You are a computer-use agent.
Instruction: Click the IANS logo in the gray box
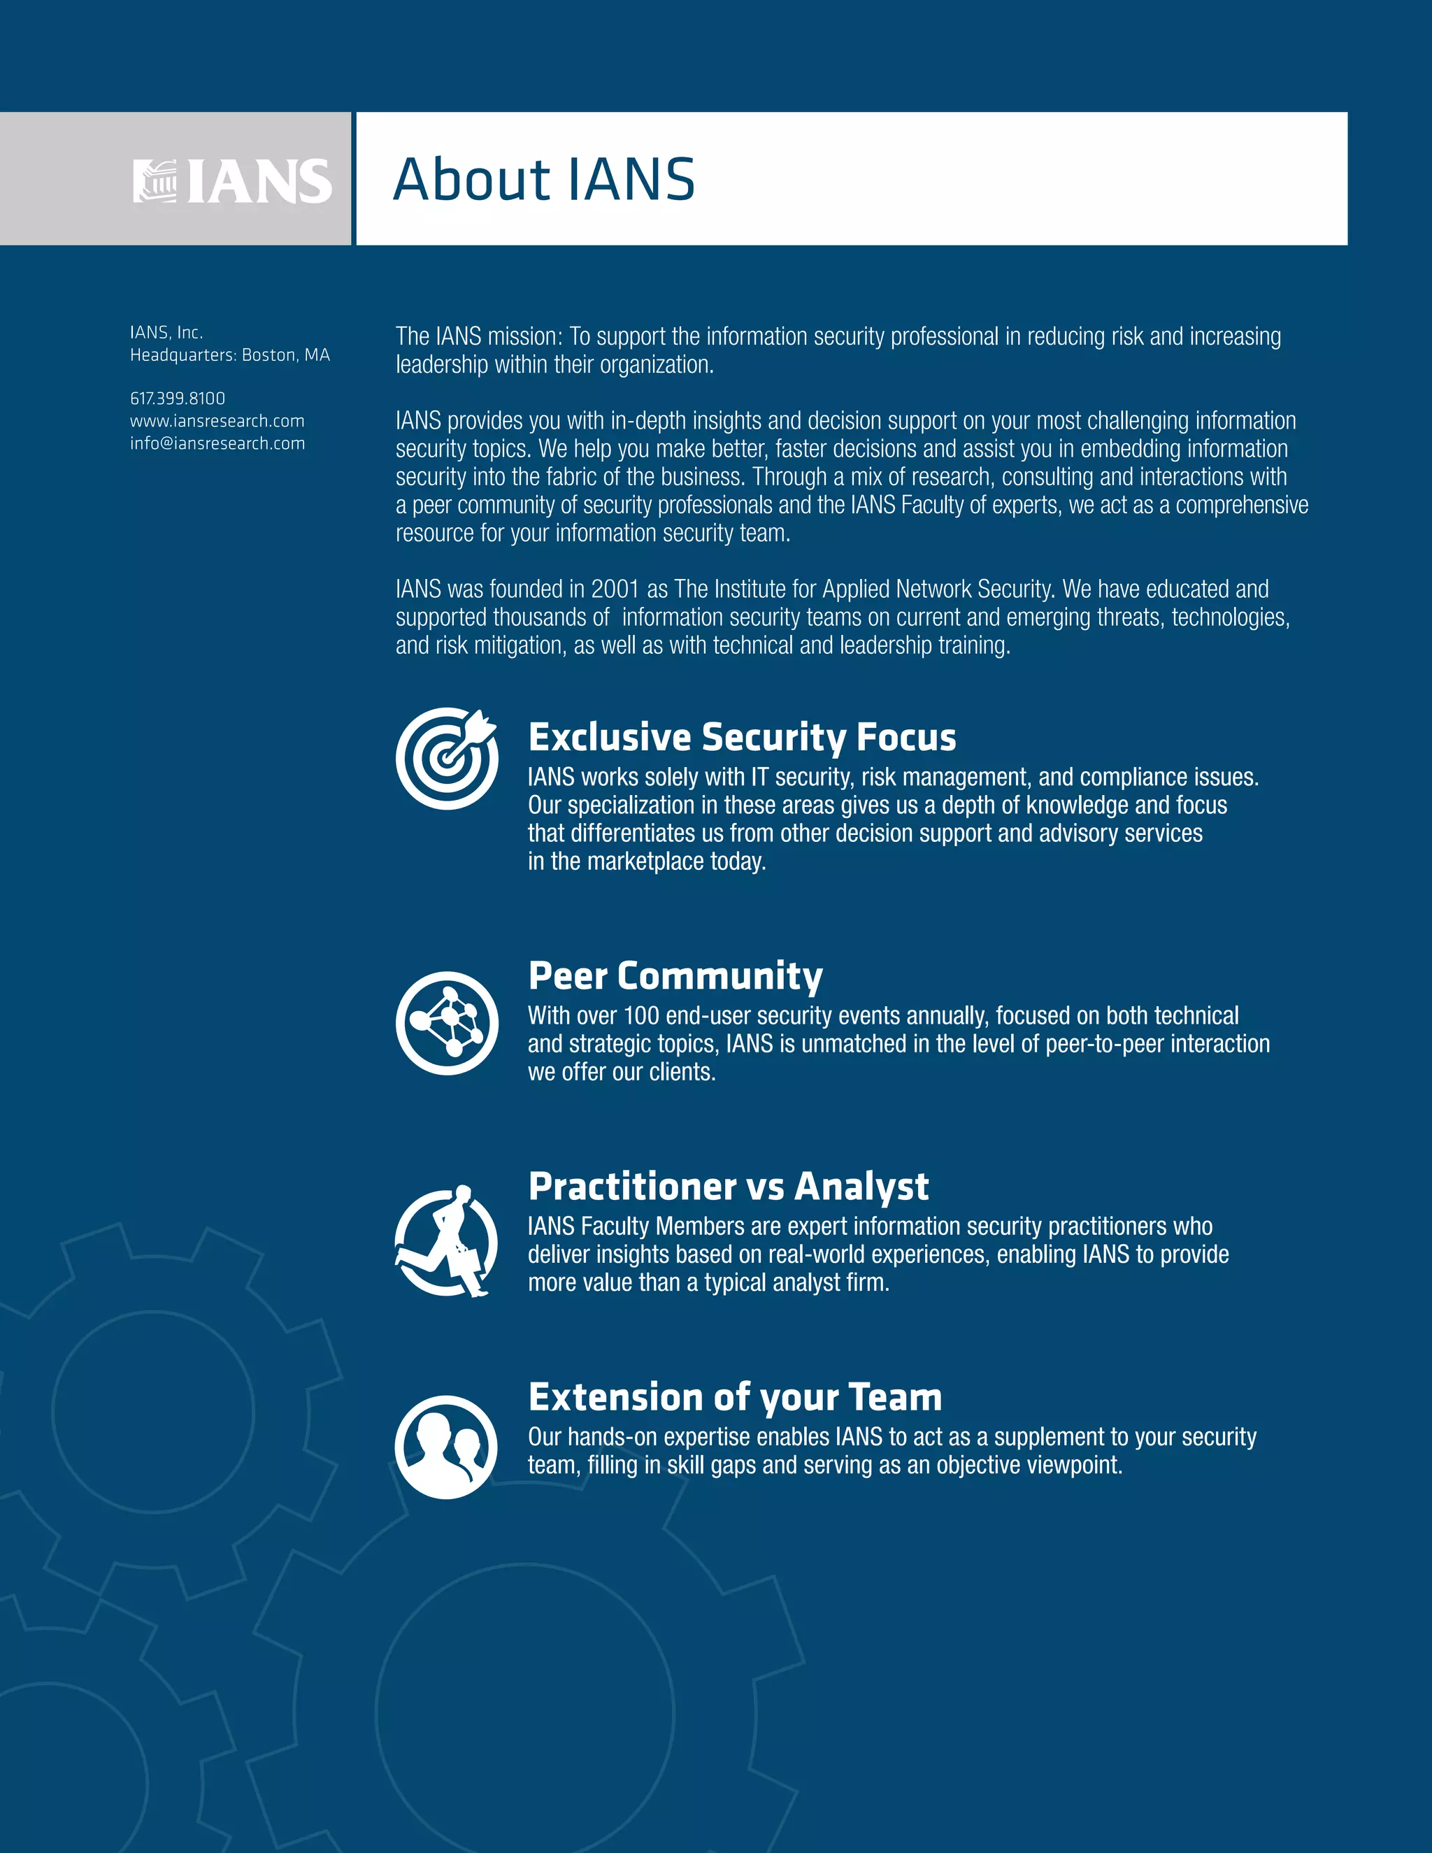[232, 180]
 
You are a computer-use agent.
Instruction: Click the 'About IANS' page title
[544, 180]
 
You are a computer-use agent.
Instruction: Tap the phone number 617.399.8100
[178, 398]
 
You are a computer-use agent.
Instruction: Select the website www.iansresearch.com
[217, 421]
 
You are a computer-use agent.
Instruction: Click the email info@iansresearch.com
[217, 443]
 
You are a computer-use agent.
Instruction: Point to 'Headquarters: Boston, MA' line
[230, 355]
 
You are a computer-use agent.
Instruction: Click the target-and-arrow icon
[447, 758]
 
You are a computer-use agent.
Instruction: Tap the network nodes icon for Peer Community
[447, 1022]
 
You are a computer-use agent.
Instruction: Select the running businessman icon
[447, 1241]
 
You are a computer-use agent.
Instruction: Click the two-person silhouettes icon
[446, 1447]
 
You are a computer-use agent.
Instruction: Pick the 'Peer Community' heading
[675, 975]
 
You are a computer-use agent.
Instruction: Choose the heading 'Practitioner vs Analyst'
[729, 1186]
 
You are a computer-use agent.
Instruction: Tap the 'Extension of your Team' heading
[736, 1396]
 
